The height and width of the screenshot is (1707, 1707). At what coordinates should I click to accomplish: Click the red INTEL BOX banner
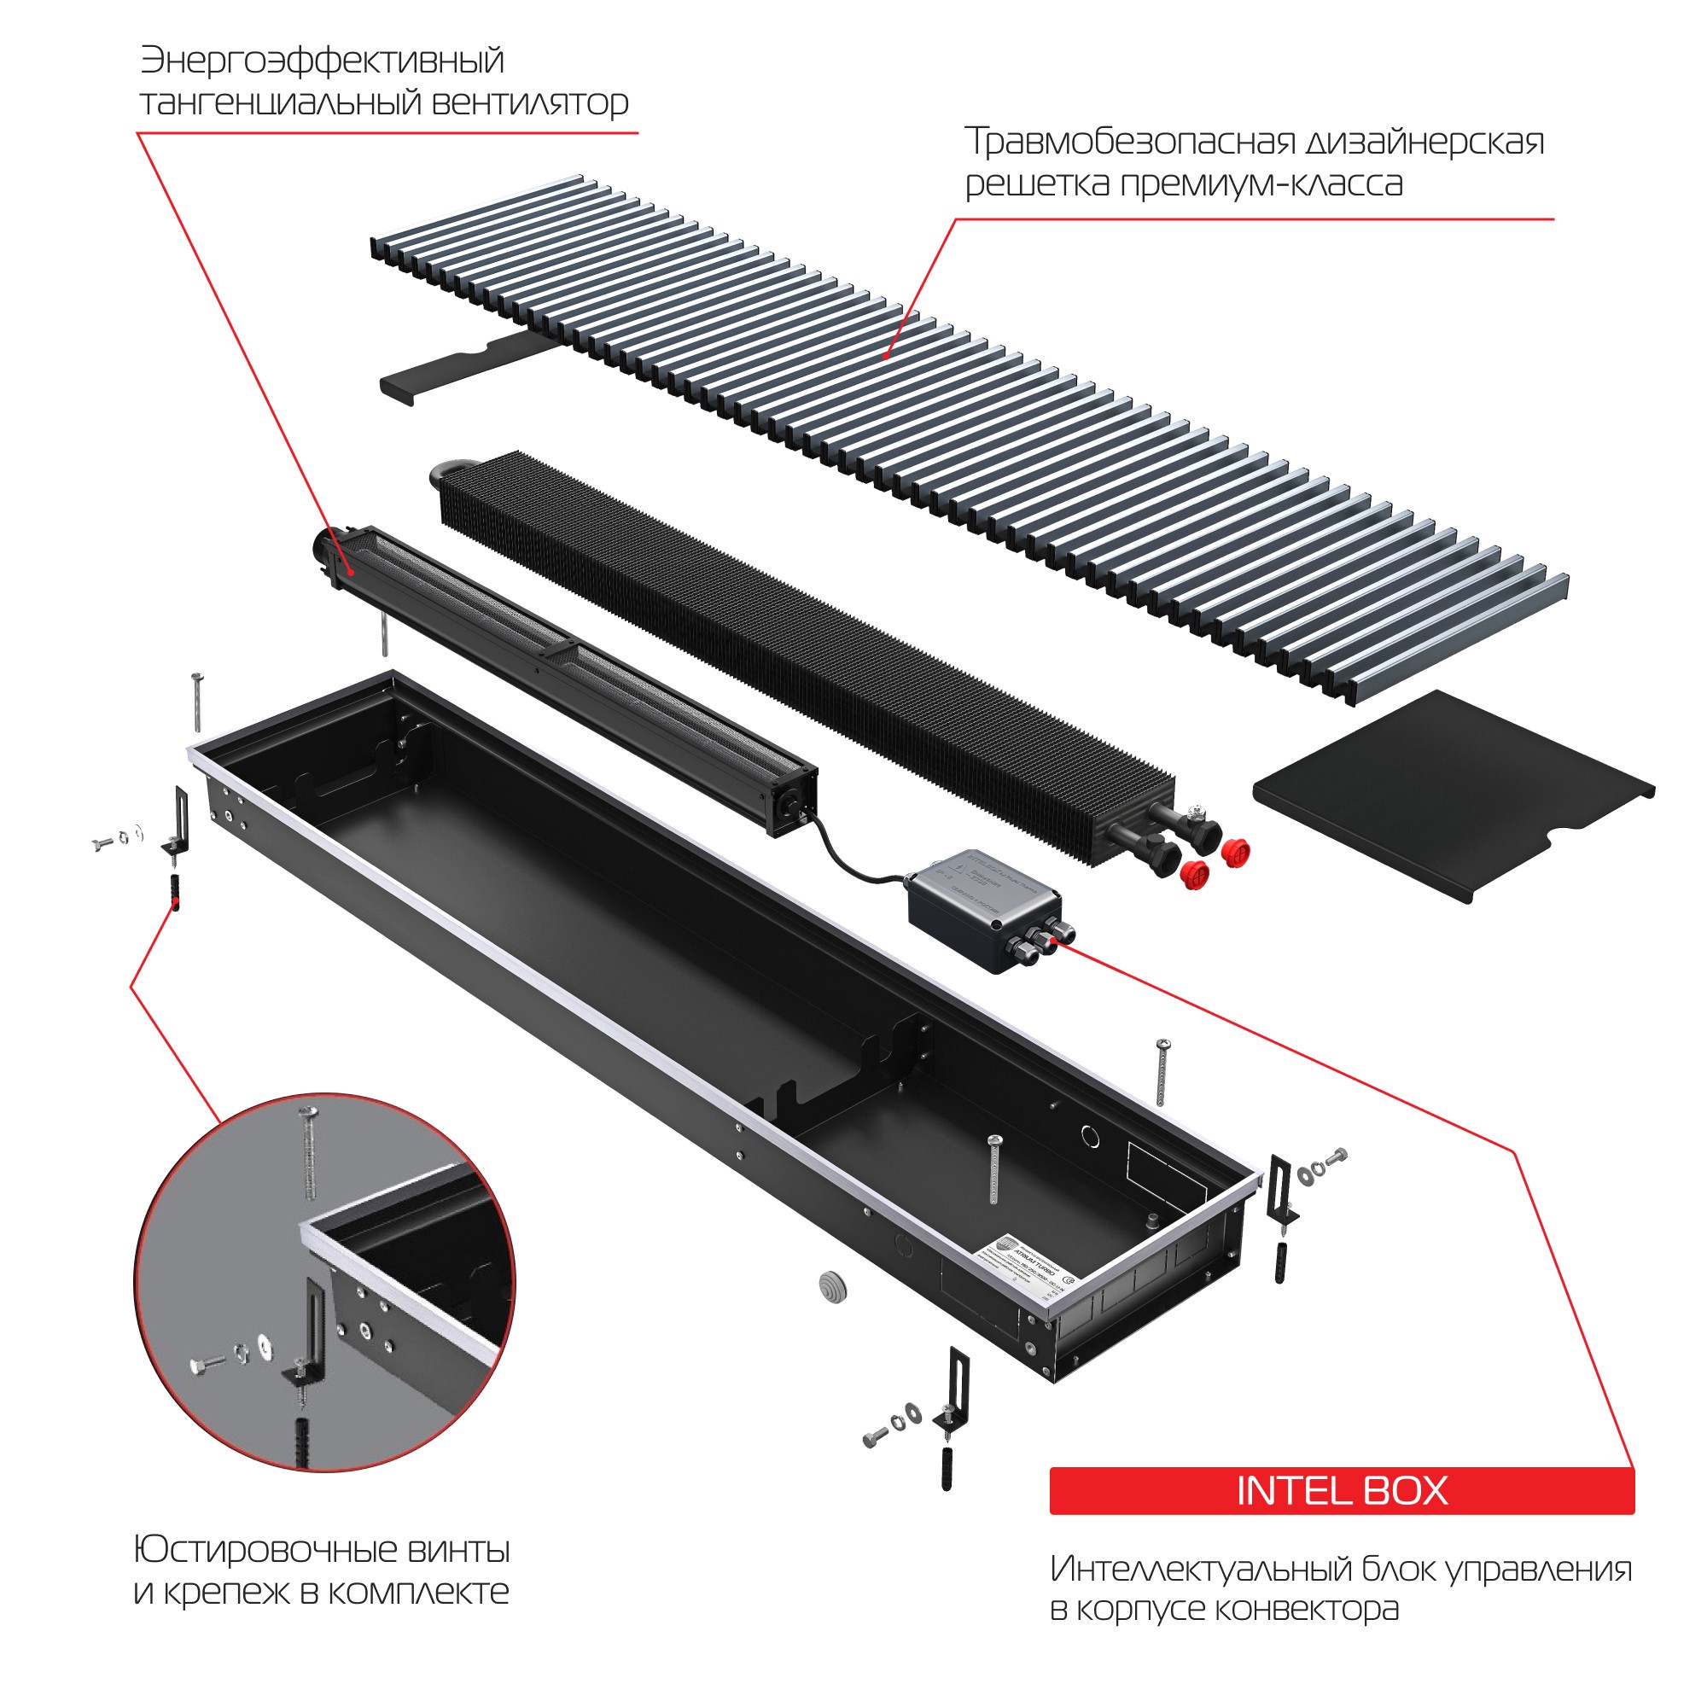[1341, 1490]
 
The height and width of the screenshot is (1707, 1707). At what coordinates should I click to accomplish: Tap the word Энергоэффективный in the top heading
[323, 61]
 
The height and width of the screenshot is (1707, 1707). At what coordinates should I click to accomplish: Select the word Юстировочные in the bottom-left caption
[265, 1550]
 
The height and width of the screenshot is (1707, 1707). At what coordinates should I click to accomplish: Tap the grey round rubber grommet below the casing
[832, 1285]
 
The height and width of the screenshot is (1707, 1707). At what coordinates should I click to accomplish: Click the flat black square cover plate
[1449, 793]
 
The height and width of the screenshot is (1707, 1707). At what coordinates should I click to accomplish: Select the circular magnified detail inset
[325, 1282]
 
